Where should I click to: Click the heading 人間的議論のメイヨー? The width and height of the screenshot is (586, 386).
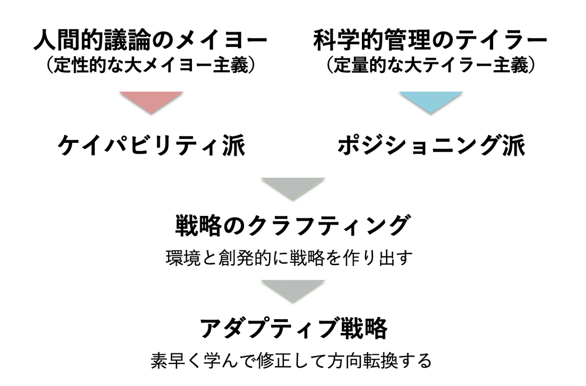[x=151, y=41]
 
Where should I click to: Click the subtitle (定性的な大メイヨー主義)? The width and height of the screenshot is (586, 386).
[x=151, y=66]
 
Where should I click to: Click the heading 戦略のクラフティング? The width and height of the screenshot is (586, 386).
[x=291, y=226]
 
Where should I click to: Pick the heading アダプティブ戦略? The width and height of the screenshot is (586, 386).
[x=293, y=328]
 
